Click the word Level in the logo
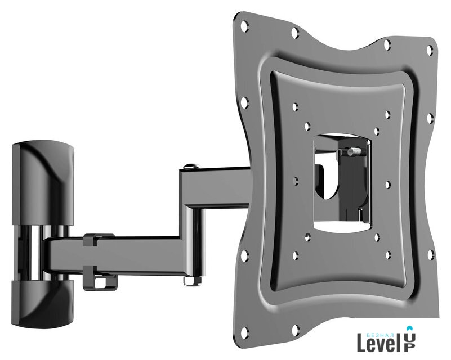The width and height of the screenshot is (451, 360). pyautogui.click(x=379, y=343)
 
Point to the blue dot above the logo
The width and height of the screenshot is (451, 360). pyautogui.click(x=409, y=328)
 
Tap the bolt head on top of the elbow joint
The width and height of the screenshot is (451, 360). pyautogui.click(x=190, y=166)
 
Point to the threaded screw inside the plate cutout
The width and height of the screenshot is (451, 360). pyautogui.click(x=355, y=151)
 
